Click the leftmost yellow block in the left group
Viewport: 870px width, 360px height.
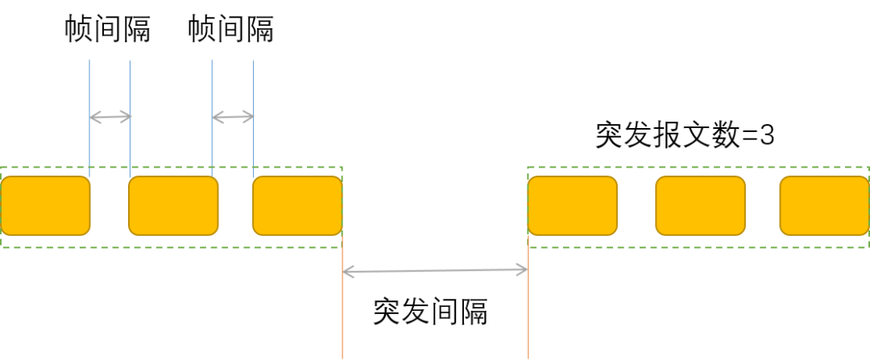(45, 205)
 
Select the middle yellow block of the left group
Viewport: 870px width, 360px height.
(173, 205)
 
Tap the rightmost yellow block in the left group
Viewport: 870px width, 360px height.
(297, 205)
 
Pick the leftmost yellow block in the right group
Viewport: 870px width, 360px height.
(572, 205)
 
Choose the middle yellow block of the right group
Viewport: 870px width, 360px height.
(700, 205)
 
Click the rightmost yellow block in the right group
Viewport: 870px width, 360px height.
(824, 205)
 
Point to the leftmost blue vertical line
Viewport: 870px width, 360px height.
(89, 89)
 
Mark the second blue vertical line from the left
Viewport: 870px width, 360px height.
(130, 89)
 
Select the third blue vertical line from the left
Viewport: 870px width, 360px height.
(212, 89)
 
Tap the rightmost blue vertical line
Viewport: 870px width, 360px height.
(254, 89)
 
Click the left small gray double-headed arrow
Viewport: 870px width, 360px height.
(110, 118)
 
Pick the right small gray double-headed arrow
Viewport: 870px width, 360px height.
(233, 118)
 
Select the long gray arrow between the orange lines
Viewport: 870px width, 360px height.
(435, 271)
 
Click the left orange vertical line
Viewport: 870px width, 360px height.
(342, 314)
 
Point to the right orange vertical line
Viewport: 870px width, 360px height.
(528, 314)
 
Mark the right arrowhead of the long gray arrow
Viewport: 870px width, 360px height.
(524, 271)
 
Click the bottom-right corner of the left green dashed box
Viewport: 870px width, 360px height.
(342, 247)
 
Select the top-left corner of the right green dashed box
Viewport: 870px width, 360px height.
(528, 168)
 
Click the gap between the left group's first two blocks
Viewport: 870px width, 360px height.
(110, 205)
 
